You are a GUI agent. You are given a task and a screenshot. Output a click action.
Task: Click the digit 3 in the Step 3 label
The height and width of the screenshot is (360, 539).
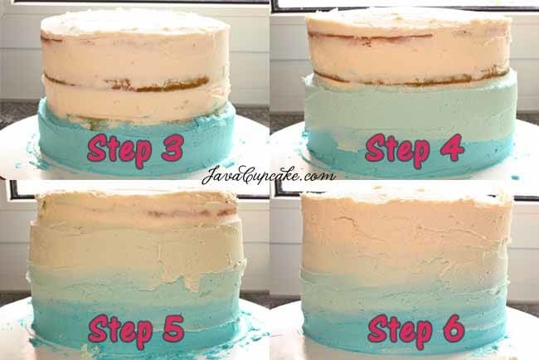[x=172, y=148]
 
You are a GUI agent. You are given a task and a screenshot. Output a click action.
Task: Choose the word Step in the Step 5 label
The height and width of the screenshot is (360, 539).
[x=120, y=331]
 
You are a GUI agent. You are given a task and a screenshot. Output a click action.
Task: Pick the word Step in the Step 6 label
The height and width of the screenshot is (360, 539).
[x=400, y=331]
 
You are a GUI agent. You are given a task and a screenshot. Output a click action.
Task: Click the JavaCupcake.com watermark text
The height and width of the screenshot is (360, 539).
[x=269, y=175]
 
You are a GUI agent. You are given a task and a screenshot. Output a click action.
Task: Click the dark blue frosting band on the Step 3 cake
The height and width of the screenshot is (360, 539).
[x=137, y=144]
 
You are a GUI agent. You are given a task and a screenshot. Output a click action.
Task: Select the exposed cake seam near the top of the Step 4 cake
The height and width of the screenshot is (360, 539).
[x=370, y=36]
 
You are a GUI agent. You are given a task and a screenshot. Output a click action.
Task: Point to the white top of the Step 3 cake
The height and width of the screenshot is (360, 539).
[x=134, y=22]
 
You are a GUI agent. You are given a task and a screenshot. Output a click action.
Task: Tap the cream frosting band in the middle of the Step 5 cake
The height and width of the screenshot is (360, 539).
[x=138, y=247]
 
